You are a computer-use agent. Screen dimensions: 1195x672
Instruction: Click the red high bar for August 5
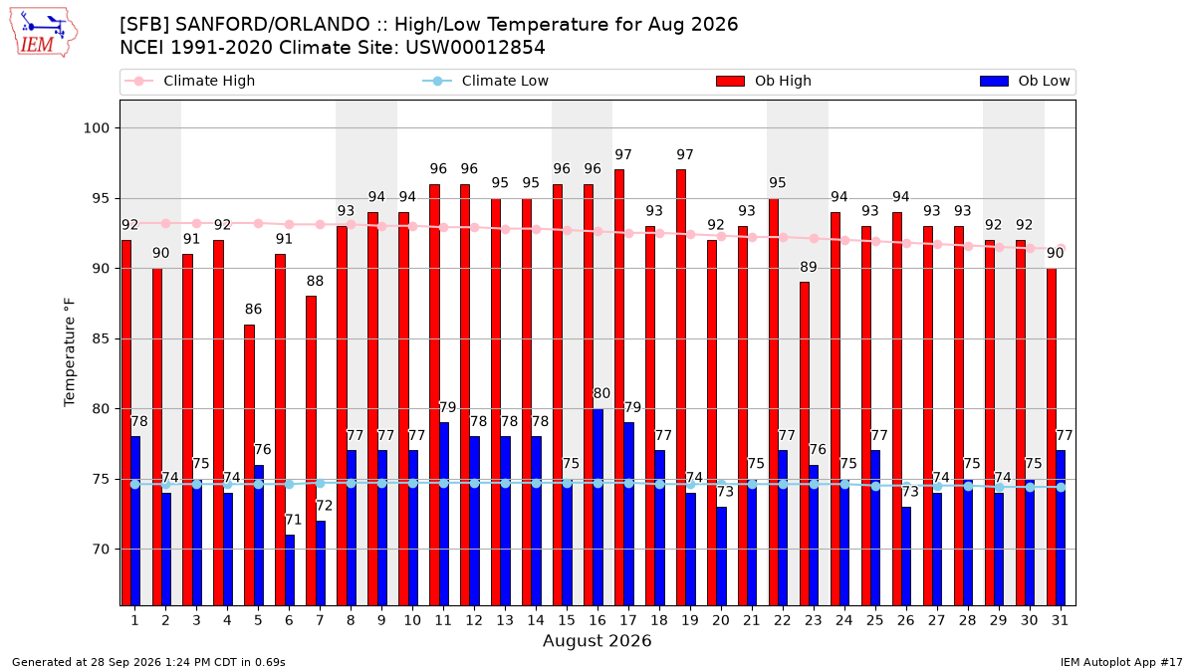coord(249,465)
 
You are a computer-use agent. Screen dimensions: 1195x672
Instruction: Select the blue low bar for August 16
coord(598,507)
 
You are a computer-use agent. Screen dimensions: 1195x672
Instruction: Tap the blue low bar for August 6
coord(289,570)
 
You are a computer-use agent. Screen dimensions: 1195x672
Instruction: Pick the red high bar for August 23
coord(805,444)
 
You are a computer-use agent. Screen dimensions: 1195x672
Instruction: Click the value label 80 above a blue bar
coord(601,393)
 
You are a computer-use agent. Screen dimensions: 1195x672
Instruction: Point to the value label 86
coord(253,310)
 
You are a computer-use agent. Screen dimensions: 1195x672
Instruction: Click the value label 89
coord(809,267)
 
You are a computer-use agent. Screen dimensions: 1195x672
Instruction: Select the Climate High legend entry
coord(190,81)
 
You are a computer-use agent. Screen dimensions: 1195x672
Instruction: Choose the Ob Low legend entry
coord(1025,81)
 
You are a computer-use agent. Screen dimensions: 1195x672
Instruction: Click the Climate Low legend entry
coord(486,81)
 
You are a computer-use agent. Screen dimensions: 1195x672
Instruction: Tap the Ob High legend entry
coord(764,81)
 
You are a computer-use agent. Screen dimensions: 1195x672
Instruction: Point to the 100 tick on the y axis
coord(96,128)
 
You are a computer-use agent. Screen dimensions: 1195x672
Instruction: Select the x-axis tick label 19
coord(690,620)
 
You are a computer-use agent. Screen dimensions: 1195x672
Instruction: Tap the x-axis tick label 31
coord(1060,620)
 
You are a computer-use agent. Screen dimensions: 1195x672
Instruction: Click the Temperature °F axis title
coord(70,352)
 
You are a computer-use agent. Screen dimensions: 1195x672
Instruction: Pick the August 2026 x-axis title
coord(597,640)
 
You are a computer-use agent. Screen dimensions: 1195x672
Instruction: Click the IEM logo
coord(43,33)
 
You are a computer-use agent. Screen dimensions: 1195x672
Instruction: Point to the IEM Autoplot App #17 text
coord(1121,662)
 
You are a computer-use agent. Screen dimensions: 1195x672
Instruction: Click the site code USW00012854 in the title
coord(475,48)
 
